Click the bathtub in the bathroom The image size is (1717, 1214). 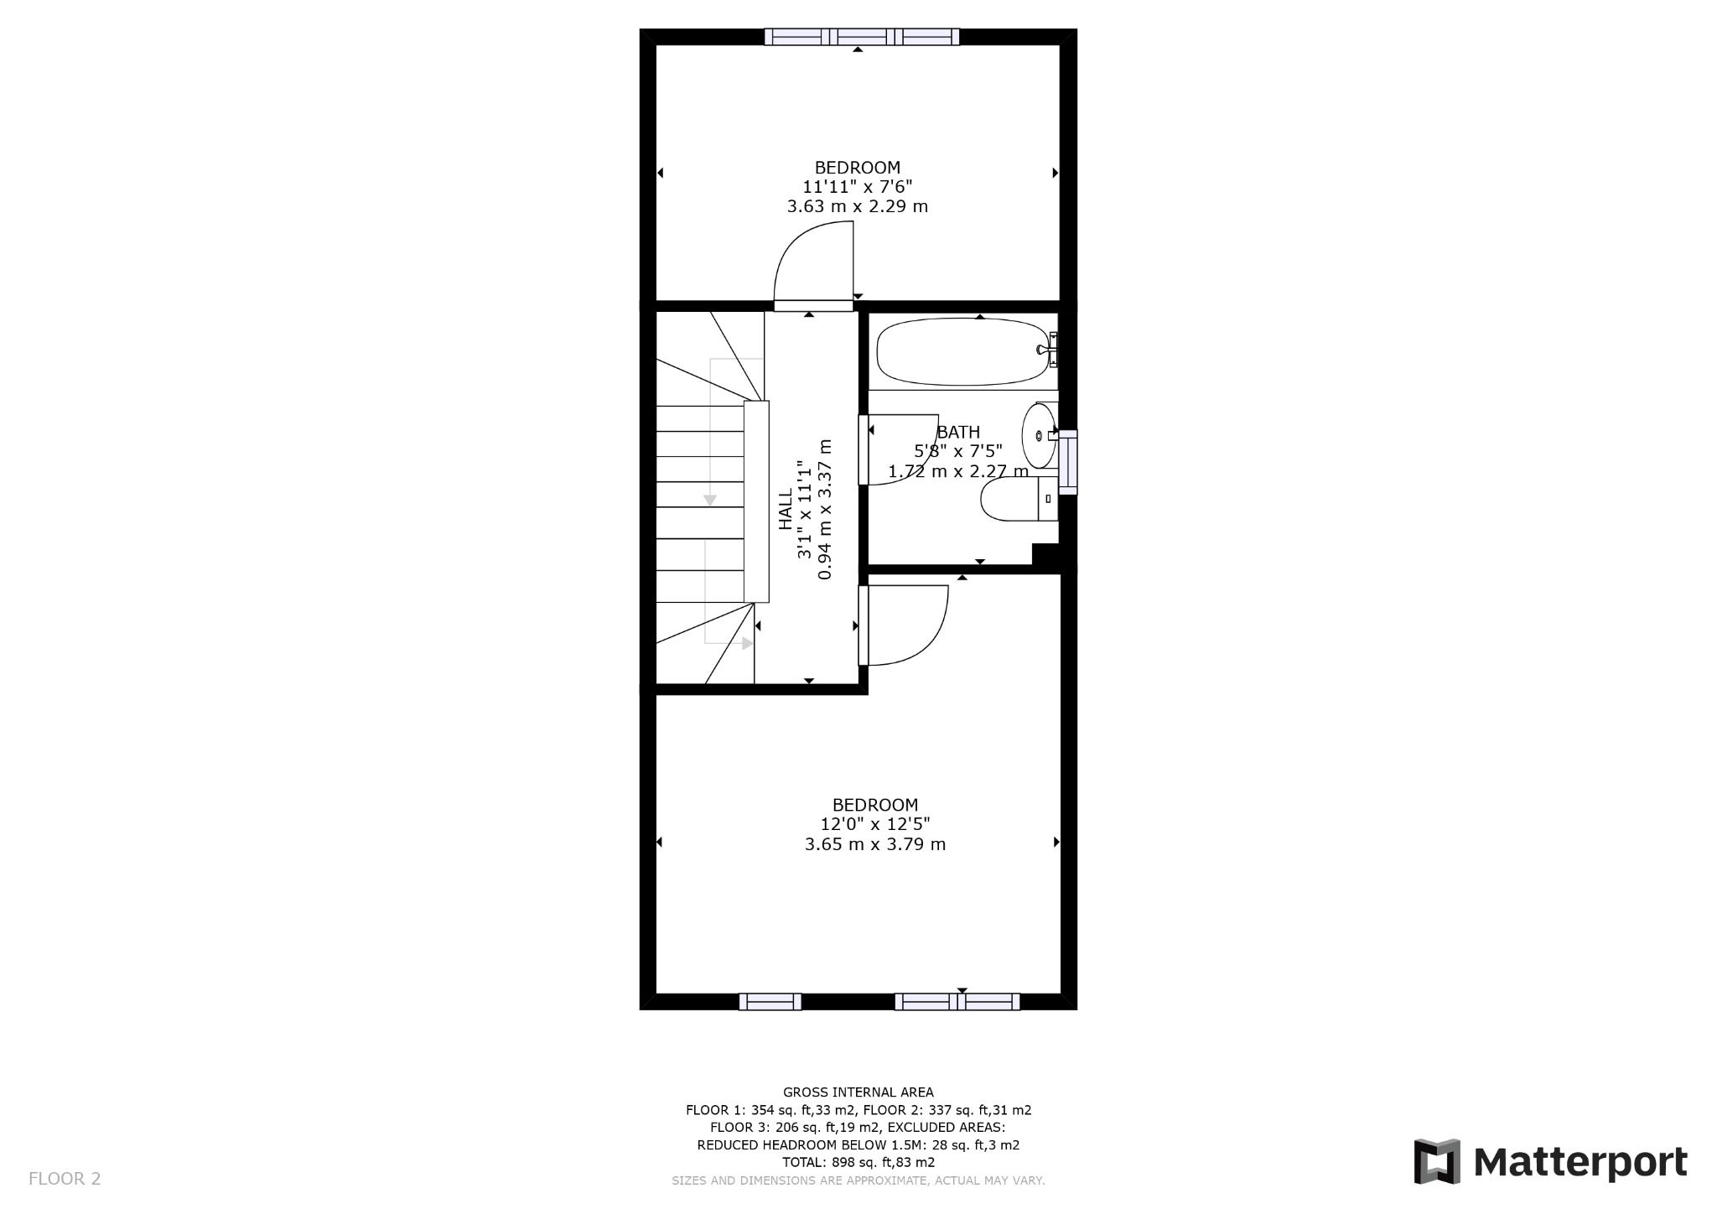(960, 351)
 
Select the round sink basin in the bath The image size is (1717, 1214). (1039, 436)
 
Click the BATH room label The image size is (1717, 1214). (958, 433)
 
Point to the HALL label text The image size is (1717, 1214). (786, 509)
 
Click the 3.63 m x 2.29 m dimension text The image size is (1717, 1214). (857, 206)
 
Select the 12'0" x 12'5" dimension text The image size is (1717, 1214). (875, 824)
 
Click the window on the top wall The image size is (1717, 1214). (862, 36)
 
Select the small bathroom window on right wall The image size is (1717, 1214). (1067, 461)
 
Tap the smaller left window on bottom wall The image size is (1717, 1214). (770, 1001)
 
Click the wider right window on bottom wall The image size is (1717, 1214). (957, 1001)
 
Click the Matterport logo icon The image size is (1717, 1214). (1437, 1161)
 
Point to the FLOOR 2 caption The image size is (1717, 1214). (65, 1179)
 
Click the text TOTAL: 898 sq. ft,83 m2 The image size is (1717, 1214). (858, 1162)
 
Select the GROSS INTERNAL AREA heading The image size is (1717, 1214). (858, 1092)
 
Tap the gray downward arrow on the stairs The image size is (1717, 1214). (710, 500)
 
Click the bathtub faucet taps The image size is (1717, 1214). (1049, 350)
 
